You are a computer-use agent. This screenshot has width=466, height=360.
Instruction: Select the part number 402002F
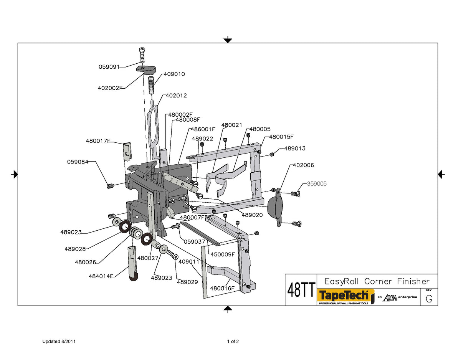click(110, 88)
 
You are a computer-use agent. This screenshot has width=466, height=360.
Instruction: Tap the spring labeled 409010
click(151, 85)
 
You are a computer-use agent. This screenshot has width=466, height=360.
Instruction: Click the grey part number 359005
click(317, 184)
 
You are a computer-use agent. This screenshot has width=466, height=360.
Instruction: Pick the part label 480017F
click(98, 141)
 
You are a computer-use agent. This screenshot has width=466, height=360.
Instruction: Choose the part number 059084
click(78, 162)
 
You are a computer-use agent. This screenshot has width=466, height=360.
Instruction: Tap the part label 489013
click(295, 149)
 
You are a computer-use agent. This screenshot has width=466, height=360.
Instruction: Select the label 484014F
click(101, 276)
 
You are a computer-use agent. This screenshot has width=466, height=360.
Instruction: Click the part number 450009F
click(222, 254)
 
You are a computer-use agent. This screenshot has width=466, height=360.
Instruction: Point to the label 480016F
click(222, 288)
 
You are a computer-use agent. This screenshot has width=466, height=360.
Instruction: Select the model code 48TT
click(301, 290)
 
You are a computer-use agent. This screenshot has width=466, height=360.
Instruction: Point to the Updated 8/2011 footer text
click(59, 342)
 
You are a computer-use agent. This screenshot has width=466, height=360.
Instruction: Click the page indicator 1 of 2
click(233, 342)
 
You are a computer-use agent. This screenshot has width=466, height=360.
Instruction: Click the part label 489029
click(187, 282)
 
